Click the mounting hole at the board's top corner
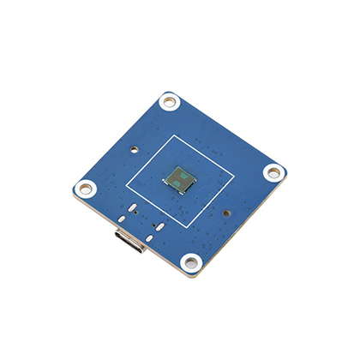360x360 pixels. (170, 102)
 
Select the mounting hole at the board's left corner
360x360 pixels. (87, 188)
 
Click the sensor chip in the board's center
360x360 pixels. (181, 178)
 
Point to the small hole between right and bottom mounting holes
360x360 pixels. (226, 213)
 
